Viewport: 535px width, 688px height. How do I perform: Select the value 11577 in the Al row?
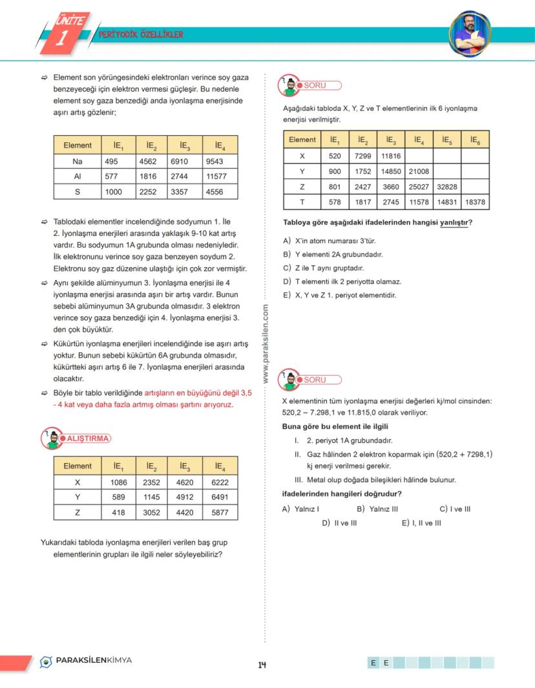pos(218,177)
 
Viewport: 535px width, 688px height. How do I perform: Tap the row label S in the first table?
pos(77,191)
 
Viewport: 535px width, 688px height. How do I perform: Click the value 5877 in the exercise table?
pos(218,512)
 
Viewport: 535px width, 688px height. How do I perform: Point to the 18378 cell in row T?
pos(474,202)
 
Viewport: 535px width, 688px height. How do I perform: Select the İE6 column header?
pos(474,140)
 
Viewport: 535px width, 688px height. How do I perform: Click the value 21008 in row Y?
pos(419,171)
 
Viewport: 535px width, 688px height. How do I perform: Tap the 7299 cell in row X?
pos(361,156)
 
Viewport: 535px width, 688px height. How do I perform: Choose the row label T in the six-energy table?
pos(302,202)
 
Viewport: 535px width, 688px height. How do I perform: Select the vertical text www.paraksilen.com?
pos(266,343)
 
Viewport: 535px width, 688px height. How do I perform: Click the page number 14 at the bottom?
pos(262,665)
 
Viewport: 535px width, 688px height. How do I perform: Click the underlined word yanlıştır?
pos(455,223)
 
